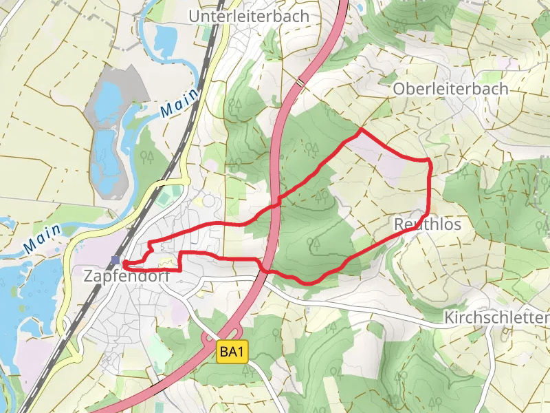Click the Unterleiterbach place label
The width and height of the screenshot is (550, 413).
pos(249,16)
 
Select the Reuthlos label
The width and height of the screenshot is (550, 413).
pos(428,225)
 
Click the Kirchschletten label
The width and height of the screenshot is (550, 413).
pos(496,318)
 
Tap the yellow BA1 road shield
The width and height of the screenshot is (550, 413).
pos(232,352)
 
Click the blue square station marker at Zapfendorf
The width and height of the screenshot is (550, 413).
pos(116,260)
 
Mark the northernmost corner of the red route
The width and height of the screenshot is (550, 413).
pos(362,129)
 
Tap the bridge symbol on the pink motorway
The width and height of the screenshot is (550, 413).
pos(300,83)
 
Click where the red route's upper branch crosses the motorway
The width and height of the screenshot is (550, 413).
pos(278,204)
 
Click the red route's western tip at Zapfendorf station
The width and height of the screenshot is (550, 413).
pos(124,263)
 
